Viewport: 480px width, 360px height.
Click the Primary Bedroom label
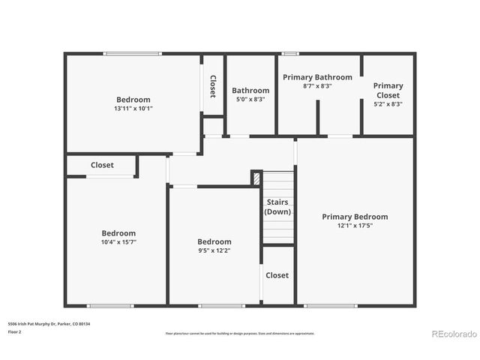coord(355,217)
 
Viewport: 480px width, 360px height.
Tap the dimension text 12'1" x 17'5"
coord(355,226)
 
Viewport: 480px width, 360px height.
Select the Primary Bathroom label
coord(317,77)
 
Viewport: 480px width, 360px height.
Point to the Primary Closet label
coord(388,90)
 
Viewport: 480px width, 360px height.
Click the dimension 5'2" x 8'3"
coord(388,104)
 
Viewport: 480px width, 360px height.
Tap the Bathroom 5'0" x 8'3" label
coord(250,94)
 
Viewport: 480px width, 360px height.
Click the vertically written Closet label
coord(212,86)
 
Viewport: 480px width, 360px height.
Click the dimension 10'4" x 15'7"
coord(118,242)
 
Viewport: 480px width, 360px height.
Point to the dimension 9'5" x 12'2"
coord(214,250)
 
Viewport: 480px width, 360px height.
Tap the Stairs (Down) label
coord(277,207)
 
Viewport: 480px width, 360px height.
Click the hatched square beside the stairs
coord(256,178)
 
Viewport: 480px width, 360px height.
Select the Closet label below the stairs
coord(277,275)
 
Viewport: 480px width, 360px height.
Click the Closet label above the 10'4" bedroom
coord(102,165)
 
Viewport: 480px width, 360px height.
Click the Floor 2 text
coord(16,331)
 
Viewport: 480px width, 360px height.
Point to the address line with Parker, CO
coord(48,323)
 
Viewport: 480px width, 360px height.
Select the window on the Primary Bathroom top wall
coord(289,53)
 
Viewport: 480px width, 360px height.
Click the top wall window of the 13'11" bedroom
coord(132,53)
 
